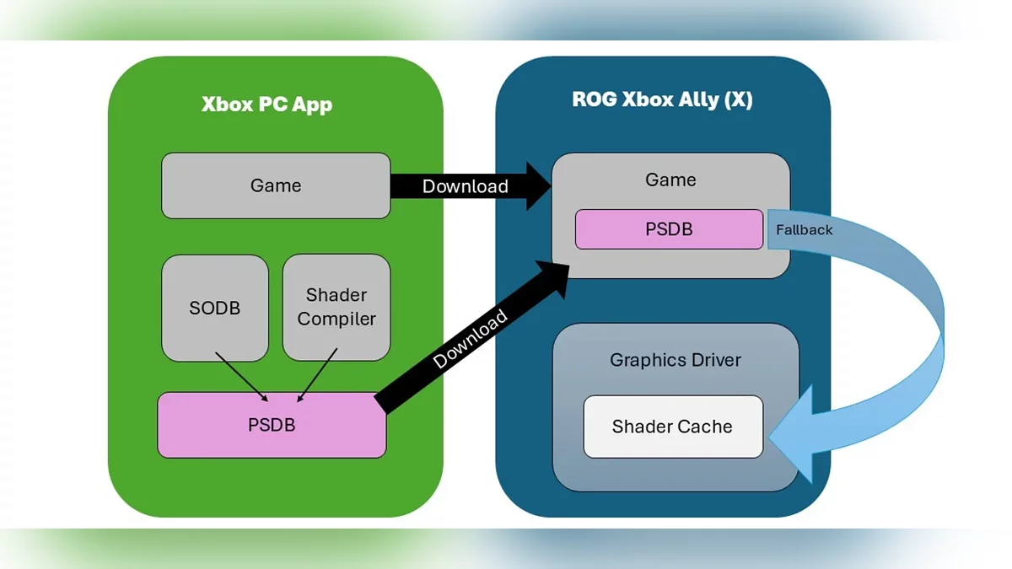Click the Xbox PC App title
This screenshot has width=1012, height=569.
[x=266, y=105]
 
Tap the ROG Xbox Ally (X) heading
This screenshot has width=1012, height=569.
[x=662, y=99]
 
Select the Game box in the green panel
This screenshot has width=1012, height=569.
[x=276, y=185]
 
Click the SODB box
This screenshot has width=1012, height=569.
[x=214, y=308]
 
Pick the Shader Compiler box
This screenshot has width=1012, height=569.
[x=336, y=307]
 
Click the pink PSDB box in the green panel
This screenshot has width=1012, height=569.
[x=272, y=425]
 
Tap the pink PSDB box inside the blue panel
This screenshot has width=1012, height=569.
[x=669, y=229]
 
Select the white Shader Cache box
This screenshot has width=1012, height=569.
[x=672, y=427]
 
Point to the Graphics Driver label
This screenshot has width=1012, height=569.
[x=675, y=360]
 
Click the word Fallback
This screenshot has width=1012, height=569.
[x=804, y=229]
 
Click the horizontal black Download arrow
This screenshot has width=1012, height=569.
[x=464, y=186]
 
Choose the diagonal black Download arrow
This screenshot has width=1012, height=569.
[x=469, y=337]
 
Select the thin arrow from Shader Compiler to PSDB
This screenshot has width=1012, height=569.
[x=316, y=375]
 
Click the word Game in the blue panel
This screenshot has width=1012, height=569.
[x=670, y=180]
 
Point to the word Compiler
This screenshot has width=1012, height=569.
[x=336, y=319]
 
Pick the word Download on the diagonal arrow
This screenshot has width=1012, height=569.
[x=471, y=339]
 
